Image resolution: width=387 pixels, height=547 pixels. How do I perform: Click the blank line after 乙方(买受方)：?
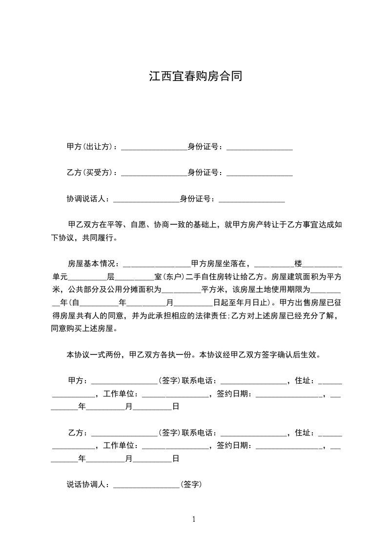pos(154,174)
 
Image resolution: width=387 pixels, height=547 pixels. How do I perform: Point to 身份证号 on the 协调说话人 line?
pos(197,198)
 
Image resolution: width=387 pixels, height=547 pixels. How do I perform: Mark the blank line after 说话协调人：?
pos(146,486)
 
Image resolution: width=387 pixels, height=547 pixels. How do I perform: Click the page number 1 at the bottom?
pos(194,520)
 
